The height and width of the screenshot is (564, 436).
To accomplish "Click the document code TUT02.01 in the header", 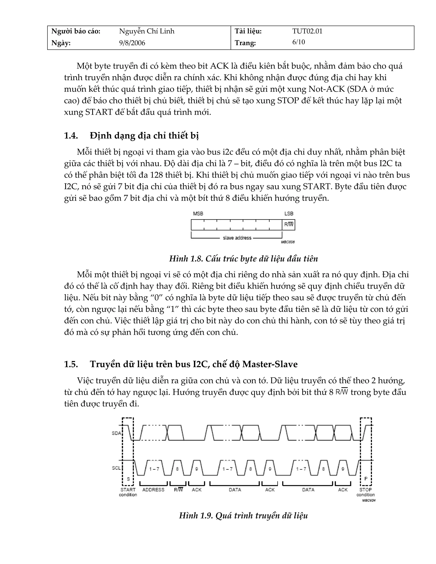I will [x=307, y=31].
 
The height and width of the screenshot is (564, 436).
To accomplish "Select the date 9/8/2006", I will [x=132, y=43].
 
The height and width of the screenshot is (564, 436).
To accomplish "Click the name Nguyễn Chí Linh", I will [x=146, y=31].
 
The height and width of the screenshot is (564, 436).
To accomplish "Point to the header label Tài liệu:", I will [x=248, y=31].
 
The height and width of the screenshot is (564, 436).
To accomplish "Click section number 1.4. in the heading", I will [x=71, y=136].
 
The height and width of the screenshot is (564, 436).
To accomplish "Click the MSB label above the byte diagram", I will [x=198, y=213].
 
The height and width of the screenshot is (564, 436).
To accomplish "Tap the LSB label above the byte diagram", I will [x=289, y=213].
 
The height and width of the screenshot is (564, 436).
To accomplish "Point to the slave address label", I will [x=237, y=238].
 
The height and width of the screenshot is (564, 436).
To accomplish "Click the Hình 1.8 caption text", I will [x=243, y=259].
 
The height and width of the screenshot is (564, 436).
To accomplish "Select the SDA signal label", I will [x=116, y=433].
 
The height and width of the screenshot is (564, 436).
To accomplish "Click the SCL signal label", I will [x=116, y=468].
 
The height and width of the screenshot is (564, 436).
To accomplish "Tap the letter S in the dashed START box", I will [x=128, y=479].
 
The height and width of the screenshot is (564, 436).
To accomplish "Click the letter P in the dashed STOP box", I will [x=366, y=478].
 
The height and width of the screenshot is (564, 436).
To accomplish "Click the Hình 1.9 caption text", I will [x=243, y=515].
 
